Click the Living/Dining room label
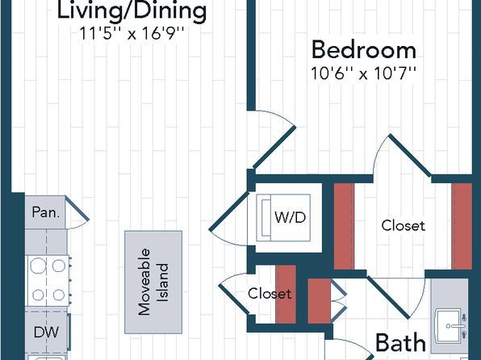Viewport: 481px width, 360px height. [132, 11]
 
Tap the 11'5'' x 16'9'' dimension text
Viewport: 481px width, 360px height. [132, 33]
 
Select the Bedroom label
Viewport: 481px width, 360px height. [364, 50]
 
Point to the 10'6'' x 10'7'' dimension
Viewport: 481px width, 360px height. [363, 73]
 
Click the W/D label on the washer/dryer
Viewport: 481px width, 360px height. [291, 218]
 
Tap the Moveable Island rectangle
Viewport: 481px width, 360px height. [153, 282]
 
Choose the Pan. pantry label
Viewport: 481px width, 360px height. [46, 212]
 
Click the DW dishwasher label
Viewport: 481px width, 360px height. [46, 332]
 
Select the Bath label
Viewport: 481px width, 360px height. [400, 342]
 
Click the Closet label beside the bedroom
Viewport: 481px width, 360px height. [403, 226]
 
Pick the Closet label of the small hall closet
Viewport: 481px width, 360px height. [270, 294]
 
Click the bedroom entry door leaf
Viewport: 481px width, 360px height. [274, 149]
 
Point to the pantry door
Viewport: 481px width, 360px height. [77, 207]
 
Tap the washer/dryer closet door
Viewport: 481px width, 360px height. [228, 211]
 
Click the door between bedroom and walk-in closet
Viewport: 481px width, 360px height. [410, 155]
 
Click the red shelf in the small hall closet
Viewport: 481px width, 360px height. [286, 294]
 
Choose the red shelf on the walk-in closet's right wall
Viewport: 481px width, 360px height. [462, 227]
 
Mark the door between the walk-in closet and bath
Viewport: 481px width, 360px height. [389, 297]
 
